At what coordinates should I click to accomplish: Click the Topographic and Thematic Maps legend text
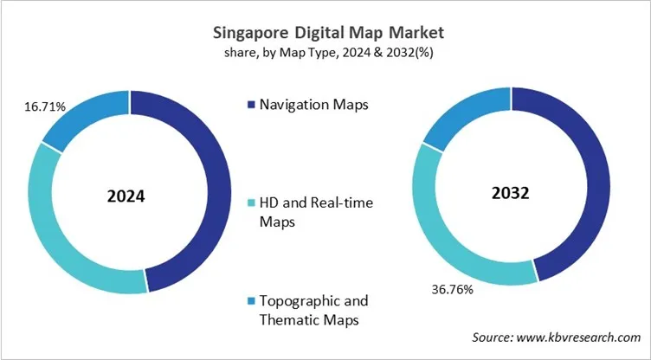[313, 310]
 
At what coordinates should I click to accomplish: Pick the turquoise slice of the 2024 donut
[52, 225]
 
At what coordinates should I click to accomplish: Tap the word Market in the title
[414, 34]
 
